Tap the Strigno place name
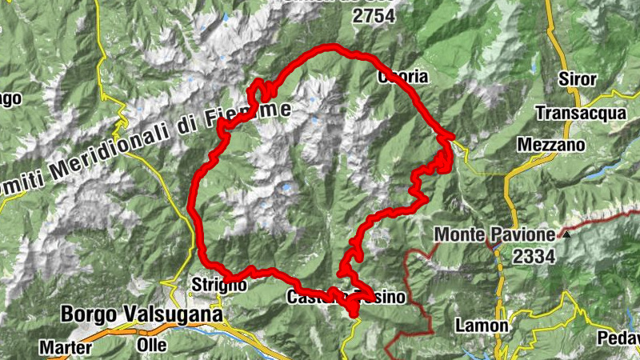point(212,285)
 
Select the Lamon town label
point(481,326)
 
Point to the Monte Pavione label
point(494,235)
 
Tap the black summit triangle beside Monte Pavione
point(566,234)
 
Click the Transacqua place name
point(581,113)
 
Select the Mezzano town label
point(551,145)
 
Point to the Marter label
point(64,348)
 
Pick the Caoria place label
point(403,77)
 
